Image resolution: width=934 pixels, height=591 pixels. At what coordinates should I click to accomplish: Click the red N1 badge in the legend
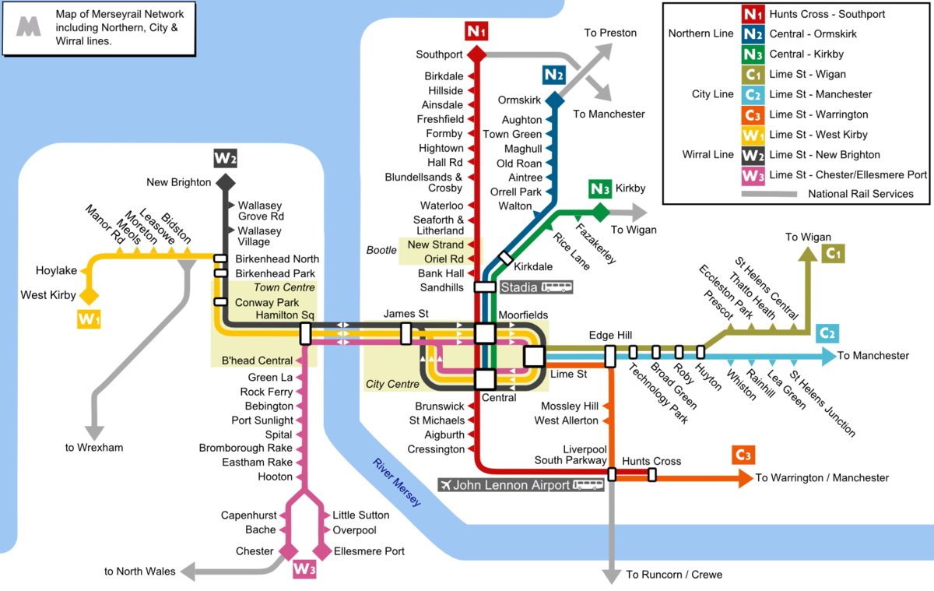753,14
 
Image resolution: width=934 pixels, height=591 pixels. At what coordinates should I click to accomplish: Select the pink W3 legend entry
753,176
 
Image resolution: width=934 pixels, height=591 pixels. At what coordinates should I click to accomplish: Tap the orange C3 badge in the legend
753,115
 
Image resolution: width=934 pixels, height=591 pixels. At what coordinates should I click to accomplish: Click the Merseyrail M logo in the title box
29,27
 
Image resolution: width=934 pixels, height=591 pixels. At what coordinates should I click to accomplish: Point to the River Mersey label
397,482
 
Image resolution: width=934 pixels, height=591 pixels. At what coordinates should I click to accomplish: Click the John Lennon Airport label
511,485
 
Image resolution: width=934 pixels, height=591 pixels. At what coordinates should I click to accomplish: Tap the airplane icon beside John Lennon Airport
445,485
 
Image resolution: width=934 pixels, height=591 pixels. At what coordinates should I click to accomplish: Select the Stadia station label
518,287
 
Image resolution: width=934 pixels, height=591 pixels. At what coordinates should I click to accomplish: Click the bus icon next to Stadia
557,287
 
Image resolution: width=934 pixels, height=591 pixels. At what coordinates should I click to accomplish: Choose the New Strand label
435,244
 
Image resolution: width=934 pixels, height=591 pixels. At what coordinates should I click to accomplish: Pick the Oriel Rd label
444,259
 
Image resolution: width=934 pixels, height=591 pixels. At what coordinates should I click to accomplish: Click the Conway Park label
266,302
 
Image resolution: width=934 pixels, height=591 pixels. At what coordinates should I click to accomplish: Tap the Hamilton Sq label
284,315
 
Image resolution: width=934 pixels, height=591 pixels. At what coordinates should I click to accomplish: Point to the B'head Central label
257,361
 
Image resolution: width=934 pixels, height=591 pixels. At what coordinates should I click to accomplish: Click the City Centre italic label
392,384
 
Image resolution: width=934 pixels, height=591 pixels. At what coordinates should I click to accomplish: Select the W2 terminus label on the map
226,159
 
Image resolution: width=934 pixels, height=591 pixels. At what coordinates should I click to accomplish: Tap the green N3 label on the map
600,188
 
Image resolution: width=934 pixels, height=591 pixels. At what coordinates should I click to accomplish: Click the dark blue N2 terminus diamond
554,100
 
